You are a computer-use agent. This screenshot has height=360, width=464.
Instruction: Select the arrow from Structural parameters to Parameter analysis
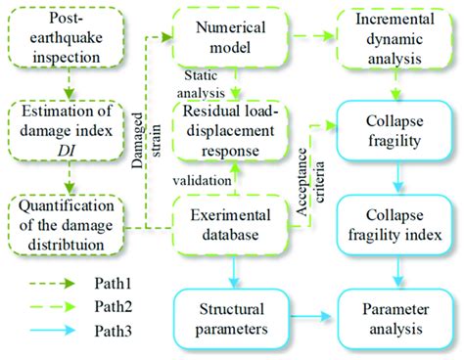coord(312,315)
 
